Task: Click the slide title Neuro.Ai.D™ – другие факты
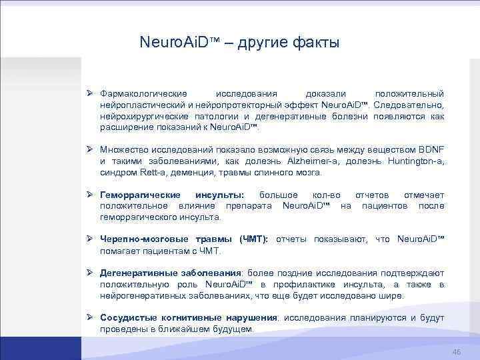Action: pyautogui.click(x=239, y=43)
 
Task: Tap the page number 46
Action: pyautogui.click(x=457, y=352)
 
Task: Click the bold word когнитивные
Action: pyautogui.click(x=189, y=318)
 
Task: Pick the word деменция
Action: pyautogui.click(x=191, y=172)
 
